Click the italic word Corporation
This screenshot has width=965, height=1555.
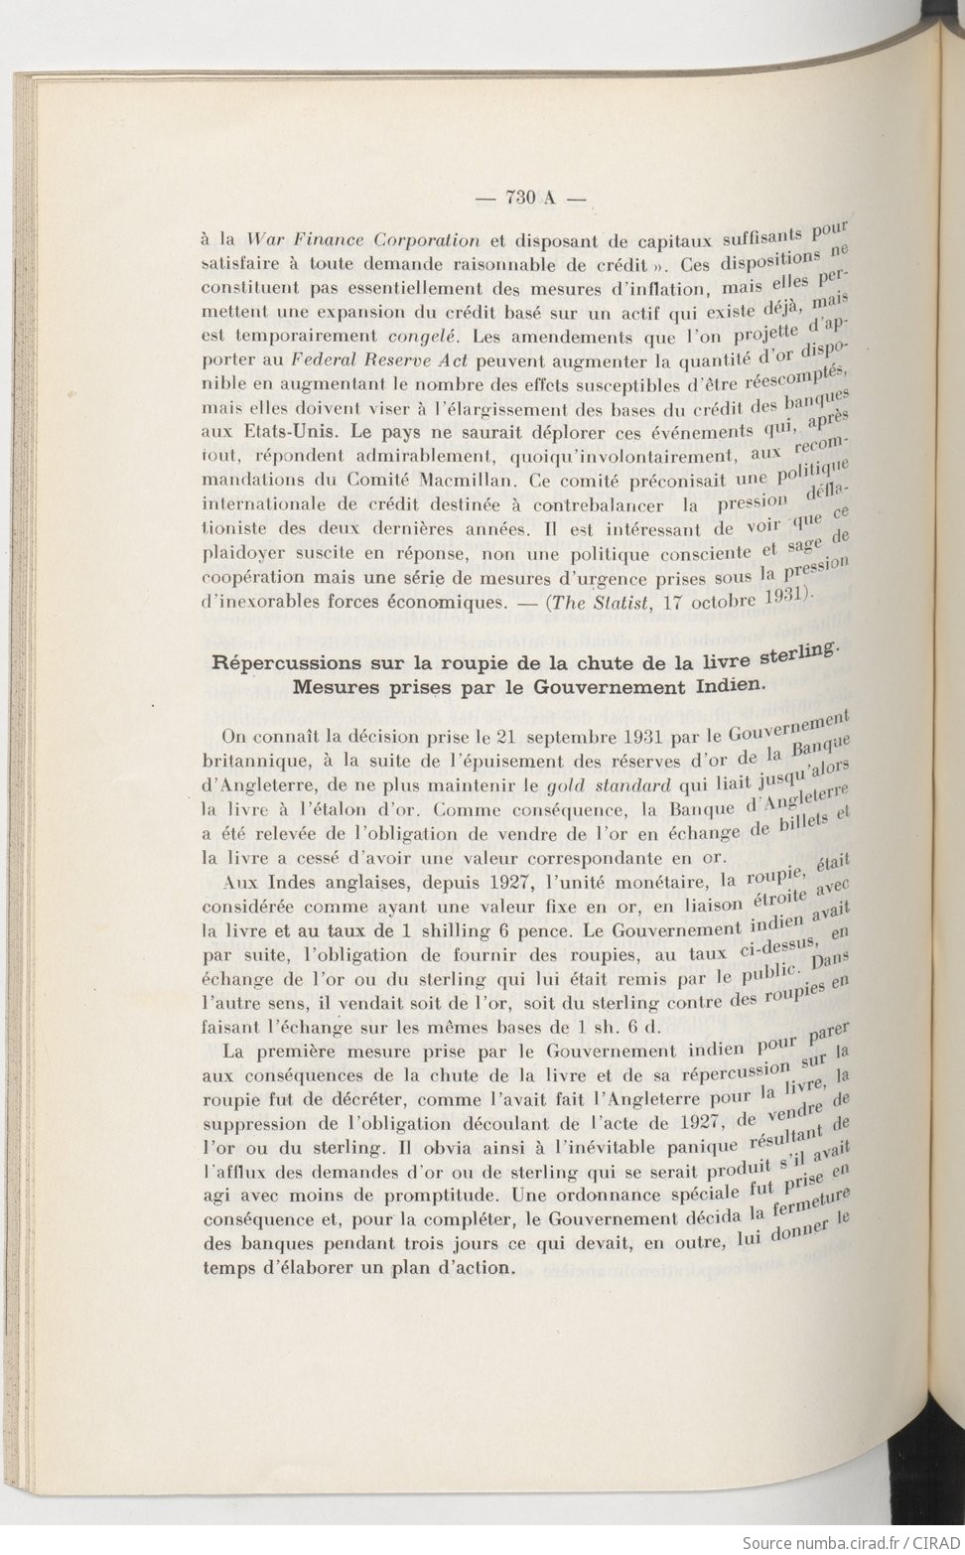point(420,240)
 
